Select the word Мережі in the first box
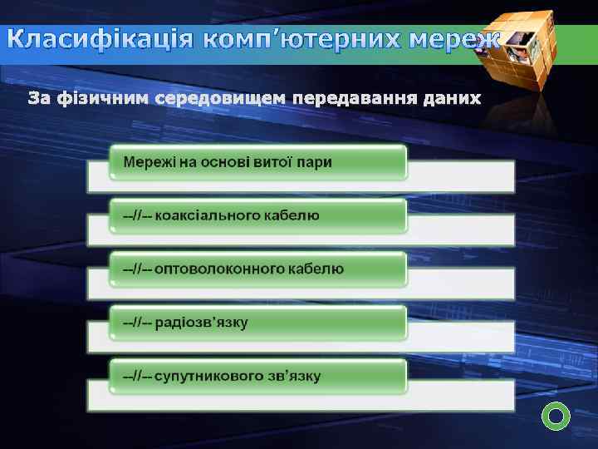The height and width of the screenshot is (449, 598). click(x=149, y=161)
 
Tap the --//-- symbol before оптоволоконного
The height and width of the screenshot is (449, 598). click(x=136, y=269)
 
